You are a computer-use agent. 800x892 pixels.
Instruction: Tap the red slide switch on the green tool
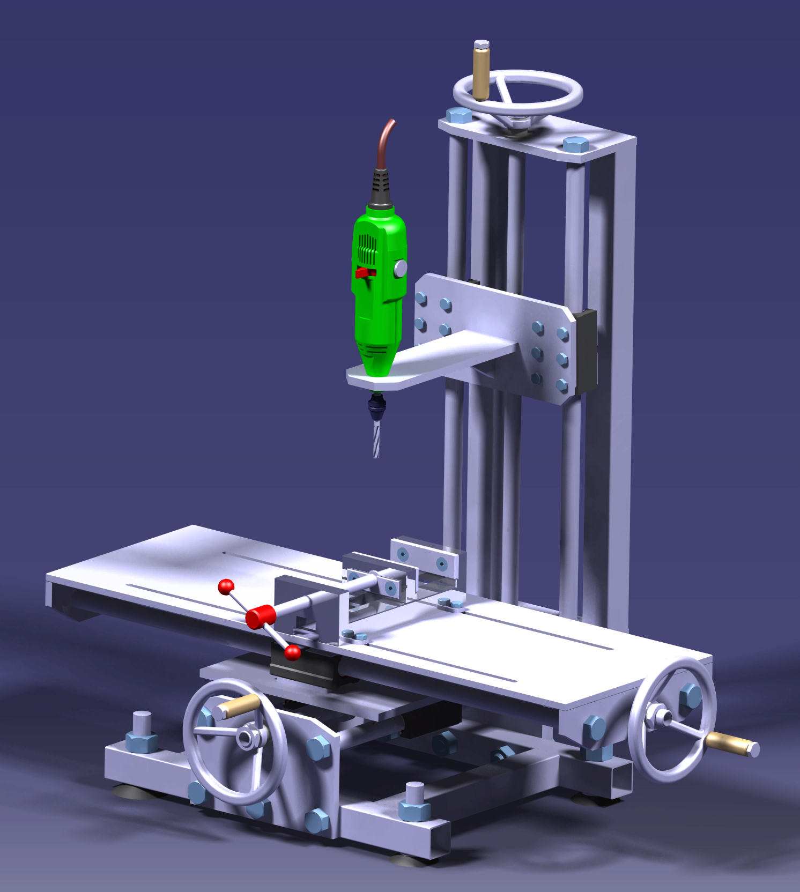pos(366,272)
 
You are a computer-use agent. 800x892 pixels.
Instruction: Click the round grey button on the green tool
pos(400,269)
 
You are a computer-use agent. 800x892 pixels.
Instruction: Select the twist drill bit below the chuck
pos(376,438)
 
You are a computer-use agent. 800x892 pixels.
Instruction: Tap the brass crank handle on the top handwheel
pos(481,72)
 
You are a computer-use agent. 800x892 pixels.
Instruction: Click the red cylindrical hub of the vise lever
pos(261,616)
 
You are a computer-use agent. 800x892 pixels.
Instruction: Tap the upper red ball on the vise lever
pos(226,587)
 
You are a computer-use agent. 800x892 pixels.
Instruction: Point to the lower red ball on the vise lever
pos(293,652)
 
